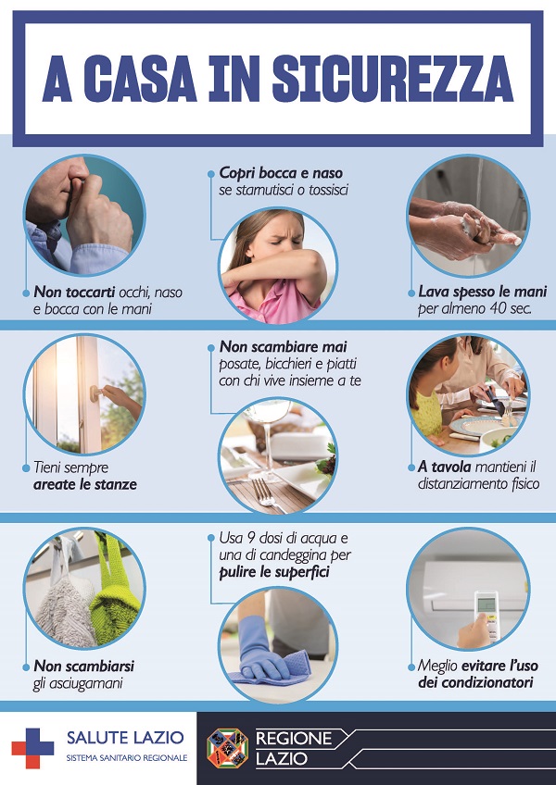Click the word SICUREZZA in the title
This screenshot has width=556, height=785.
tap(393, 80)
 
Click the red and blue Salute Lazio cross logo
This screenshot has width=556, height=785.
tap(32, 748)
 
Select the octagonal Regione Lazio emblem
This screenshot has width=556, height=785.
tap(228, 748)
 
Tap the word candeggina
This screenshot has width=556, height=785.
tap(296, 555)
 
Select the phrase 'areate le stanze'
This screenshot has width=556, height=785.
tap(85, 485)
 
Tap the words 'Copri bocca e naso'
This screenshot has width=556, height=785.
tap(282, 173)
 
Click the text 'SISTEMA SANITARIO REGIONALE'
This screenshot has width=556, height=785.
tap(127, 758)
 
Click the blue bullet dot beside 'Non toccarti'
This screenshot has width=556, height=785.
tap(26, 293)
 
